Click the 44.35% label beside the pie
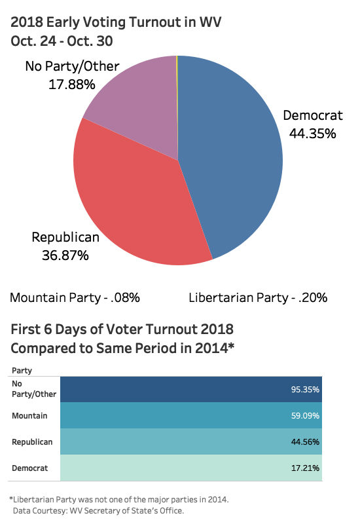312,134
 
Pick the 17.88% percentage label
72,84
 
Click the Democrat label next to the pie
312,116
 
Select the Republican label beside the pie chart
65,237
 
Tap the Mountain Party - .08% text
75,298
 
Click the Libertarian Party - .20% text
258,298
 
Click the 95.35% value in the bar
305,390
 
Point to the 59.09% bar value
305,416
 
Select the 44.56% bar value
305,442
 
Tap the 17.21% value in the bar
305,468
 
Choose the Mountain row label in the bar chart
28,416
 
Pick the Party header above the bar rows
22,371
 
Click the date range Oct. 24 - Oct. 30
62,41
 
